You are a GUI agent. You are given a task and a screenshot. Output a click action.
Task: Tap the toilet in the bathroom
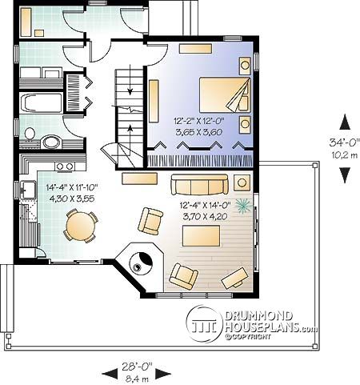(30, 134)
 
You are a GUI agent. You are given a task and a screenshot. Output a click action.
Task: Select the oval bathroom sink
(53, 142)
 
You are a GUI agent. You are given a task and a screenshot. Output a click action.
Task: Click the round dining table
(81, 226)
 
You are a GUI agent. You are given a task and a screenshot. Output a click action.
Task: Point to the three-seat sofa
(199, 185)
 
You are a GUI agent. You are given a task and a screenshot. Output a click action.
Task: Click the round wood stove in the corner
(141, 263)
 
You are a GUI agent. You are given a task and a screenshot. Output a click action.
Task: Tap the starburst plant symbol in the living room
(243, 206)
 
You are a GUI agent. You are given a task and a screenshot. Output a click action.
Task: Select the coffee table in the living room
(201, 236)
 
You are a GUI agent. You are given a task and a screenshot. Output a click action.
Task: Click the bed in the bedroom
(225, 94)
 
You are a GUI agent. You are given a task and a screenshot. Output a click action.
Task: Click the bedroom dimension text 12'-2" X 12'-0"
(198, 122)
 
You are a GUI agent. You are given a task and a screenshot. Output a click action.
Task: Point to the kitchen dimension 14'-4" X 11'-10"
(72, 188)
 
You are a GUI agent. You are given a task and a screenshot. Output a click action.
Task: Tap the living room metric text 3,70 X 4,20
(205, 216)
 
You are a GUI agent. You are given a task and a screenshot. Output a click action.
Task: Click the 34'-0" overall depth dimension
(343, 142)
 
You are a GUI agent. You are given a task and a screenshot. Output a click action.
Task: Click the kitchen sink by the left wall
(27, 190)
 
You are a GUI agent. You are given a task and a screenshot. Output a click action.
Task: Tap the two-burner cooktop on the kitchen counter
(65, 166)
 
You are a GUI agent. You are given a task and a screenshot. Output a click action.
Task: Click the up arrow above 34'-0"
(345, 122)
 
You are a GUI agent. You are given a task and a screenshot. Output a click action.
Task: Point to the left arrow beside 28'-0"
(110, 373)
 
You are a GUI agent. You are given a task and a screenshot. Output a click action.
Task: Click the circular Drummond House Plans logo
(204, 324)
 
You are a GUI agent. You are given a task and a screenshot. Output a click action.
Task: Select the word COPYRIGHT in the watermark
(250, 337)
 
